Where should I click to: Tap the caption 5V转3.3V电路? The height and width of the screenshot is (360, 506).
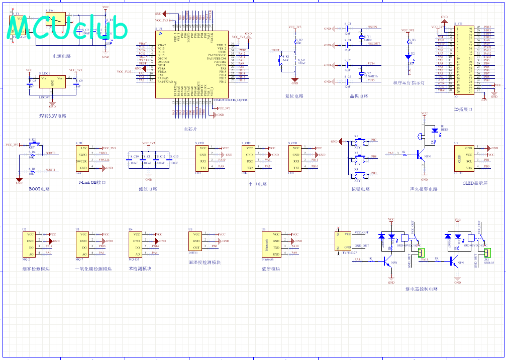click(52, 116)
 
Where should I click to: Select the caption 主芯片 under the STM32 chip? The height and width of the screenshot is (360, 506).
click(190, 129)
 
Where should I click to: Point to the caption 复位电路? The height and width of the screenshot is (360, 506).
click(294, 96)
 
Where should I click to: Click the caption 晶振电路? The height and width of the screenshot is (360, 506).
click(358, 96)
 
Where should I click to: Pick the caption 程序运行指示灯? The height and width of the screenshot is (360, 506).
click(409, 83)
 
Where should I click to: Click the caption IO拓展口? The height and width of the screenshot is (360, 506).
click(463, 109)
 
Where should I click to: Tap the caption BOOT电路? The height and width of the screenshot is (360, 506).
click(39, 189)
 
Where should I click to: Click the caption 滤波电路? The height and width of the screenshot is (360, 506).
click(148, 189)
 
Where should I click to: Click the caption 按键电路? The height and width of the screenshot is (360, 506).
click(360, 189)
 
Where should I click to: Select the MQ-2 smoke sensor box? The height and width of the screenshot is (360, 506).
click(30, 244)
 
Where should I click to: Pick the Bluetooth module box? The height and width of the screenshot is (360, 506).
click(270, 244)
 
